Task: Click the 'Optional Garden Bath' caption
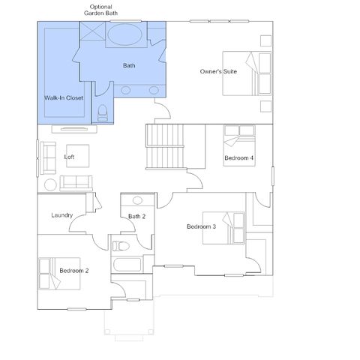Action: pyautogui.click(x=100, y=10)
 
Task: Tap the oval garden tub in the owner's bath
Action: pyautogui.click(x=125, y=34)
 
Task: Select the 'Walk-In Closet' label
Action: pyautogui.click(x=64, y=97)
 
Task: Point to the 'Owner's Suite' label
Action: pyautogui.click(x=218, y=71)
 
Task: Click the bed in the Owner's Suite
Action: pyautogui.click(x=247, y=73)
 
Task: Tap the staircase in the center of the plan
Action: pyautogui.click(x=166, y=147)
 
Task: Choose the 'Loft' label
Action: pyautogui.click(x=69, y=157)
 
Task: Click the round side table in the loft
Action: pyautogui.click(x=50, y=185)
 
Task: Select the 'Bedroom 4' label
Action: pyautogui.click(x=238, y=158)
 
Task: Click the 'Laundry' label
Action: pyautogui.click(x=62, y=215)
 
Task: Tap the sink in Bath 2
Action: pyautogui.click(x=137, y=200)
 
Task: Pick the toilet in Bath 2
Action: pyautogui.click(x=121, y=246)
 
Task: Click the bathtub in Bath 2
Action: pyautogui.click(x=127, y=265)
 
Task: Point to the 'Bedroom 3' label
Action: pyautogui.click(x=201, y=226)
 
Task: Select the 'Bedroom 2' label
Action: pyautogui.click(x=74, y=271)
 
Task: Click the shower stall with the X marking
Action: pyautogui.click(x=92, y=31)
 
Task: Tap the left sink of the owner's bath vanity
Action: pyautogui.click(x=125, y=90)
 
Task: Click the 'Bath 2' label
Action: pyautogui.click(x=136, y=217)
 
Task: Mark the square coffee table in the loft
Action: pyautogui.click(x=78, y=156)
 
